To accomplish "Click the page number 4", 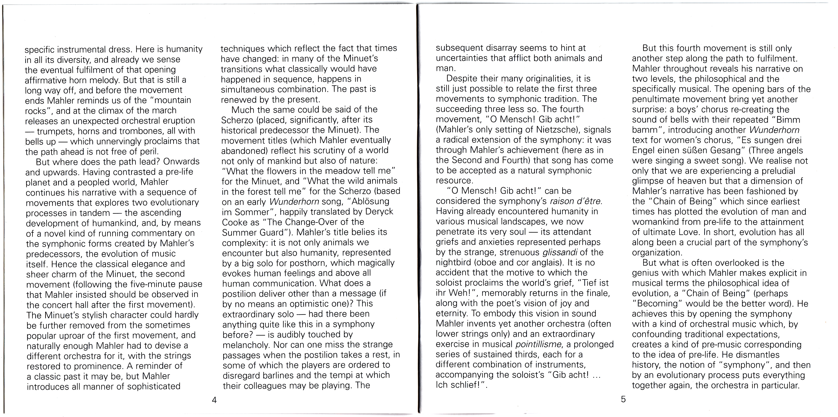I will (x=214, y=400).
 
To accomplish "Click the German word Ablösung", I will (x=371, y=202).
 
